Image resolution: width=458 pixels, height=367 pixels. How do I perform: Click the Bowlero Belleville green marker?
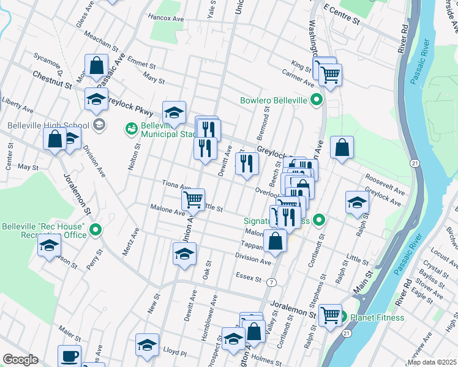[x=317, y=99]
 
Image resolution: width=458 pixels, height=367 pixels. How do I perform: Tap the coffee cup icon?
[x=69, y=355]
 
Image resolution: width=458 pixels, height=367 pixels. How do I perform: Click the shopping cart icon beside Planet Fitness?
[x=330, y=315]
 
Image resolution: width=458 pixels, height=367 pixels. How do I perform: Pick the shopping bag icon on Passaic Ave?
[x=96, y=65]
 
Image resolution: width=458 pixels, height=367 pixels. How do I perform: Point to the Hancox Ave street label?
[x=166, y=19]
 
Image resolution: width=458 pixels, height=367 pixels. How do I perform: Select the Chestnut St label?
[x=51, y=80]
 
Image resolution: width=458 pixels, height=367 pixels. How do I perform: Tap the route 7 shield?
[x=271, y=282]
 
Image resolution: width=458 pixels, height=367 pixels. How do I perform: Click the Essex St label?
[x=249, y=277]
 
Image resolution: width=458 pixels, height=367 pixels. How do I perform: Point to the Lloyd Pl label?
[x=175, y=352]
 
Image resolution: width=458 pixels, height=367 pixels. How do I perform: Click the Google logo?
[x=20, y=360]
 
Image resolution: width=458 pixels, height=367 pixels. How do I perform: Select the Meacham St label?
[x=101, y=41]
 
